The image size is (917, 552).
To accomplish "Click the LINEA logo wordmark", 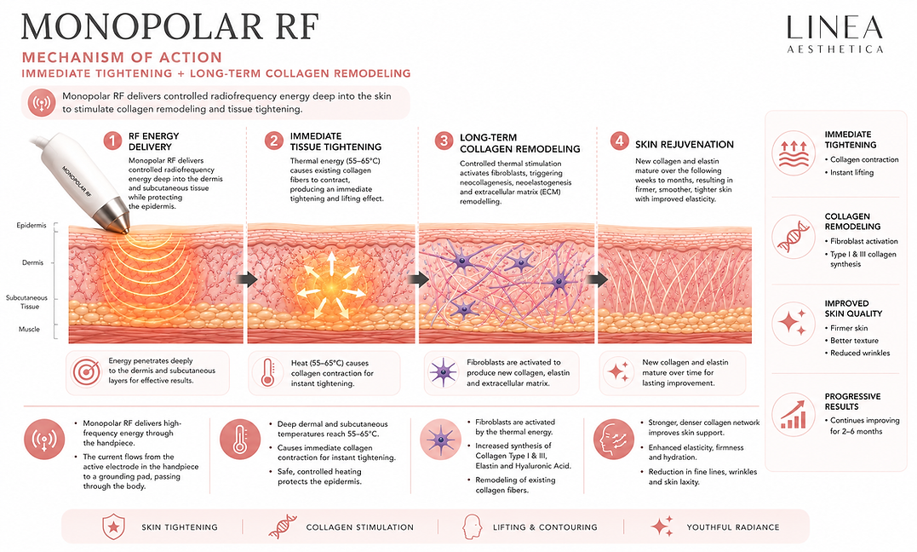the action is tap(834, 27).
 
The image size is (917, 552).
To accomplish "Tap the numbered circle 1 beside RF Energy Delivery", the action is tap(113, 141).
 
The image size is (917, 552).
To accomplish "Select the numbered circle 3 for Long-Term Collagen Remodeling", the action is tap(444, 141).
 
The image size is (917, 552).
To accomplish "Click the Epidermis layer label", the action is tap(31, 226).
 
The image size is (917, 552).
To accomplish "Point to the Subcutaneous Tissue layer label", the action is tap(27, 302).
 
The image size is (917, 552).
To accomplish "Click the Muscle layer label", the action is tap(29, 329).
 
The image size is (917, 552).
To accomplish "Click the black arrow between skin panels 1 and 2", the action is tap(248, 279).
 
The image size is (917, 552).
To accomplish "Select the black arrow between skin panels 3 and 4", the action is tap(597, 279).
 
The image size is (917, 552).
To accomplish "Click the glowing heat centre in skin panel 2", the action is tap(330, 288).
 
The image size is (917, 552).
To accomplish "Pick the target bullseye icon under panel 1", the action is tap(87, 371).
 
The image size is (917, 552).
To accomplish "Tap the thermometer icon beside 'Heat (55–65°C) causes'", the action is tap(268, 371).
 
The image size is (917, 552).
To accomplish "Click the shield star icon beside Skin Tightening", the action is tap(113, 526).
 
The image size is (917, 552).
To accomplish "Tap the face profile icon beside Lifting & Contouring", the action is tap(471, 526).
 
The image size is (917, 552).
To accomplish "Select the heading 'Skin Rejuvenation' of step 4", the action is tap(685, 145).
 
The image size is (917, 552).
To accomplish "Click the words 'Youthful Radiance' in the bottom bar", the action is tap(733, 527).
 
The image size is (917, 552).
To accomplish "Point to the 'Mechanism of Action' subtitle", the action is tap(123, 57).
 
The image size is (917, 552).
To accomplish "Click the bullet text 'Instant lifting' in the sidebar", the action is tap(852, 173).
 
